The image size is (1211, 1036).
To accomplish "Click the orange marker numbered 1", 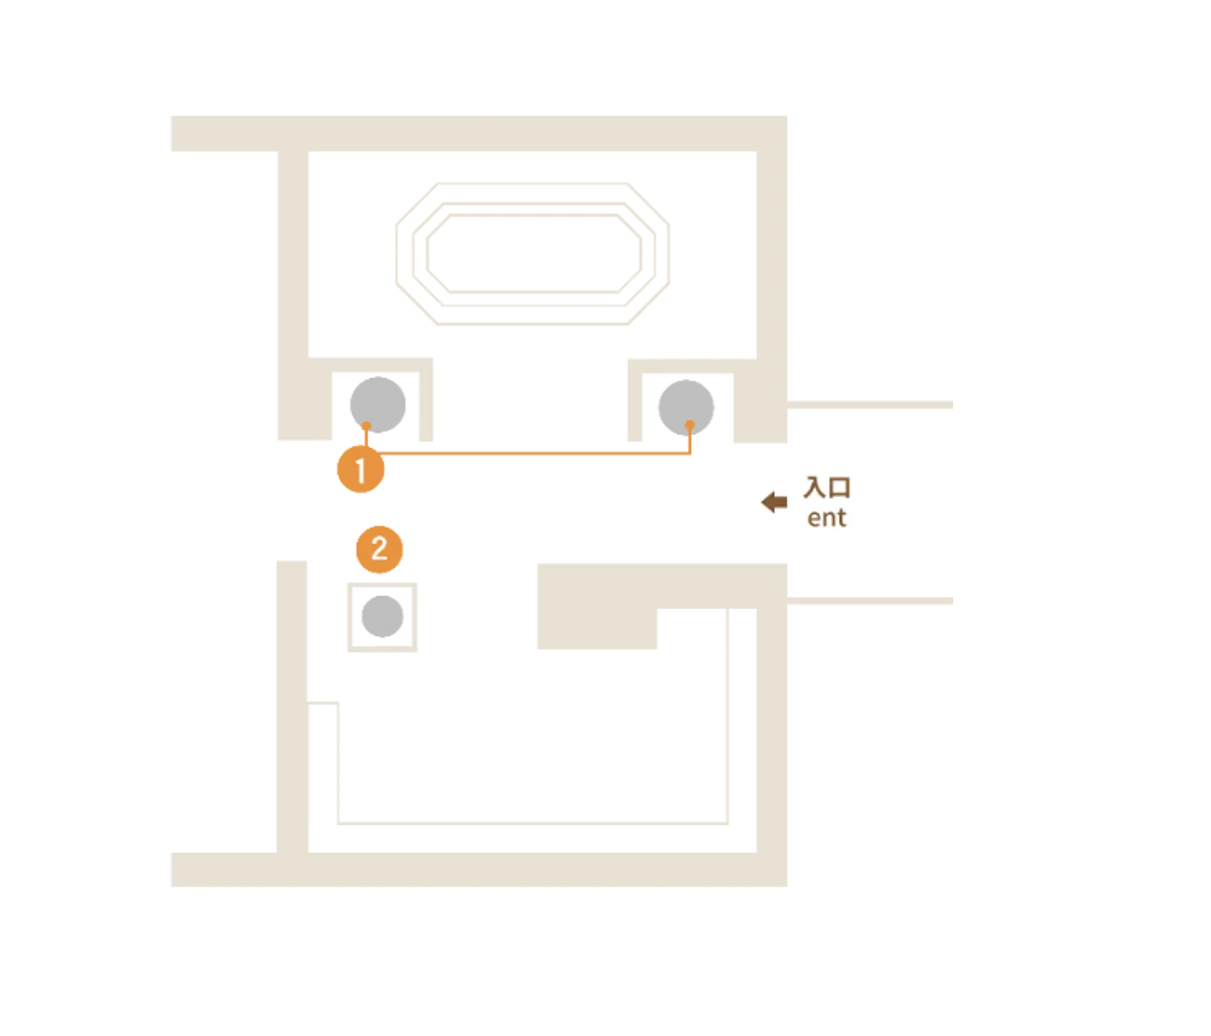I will [361, 472].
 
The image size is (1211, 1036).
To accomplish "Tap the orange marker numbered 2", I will [379, 550].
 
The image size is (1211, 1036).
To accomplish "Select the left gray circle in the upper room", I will [380, 405].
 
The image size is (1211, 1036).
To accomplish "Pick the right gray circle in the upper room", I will [686, 405].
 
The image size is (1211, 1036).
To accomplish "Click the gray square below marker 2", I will [384, 616].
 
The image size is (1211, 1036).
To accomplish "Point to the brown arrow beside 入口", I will [774, 502].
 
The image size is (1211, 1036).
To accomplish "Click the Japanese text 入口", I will [827, 487].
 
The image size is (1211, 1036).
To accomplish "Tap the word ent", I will [827, 518].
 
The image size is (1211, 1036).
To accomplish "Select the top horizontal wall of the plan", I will [479, 134].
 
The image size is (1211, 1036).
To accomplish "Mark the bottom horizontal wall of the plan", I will [479, 871].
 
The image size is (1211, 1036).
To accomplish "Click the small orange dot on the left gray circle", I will [365, 425].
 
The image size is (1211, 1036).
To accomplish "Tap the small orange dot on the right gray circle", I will [689, 425].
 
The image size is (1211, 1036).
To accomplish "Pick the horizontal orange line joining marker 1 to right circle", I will [537, 456].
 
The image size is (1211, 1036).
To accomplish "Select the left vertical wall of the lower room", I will [292, 705].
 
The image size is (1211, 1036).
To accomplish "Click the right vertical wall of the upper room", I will [770, 278].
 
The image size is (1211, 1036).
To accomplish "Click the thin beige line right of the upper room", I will [873, 407].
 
